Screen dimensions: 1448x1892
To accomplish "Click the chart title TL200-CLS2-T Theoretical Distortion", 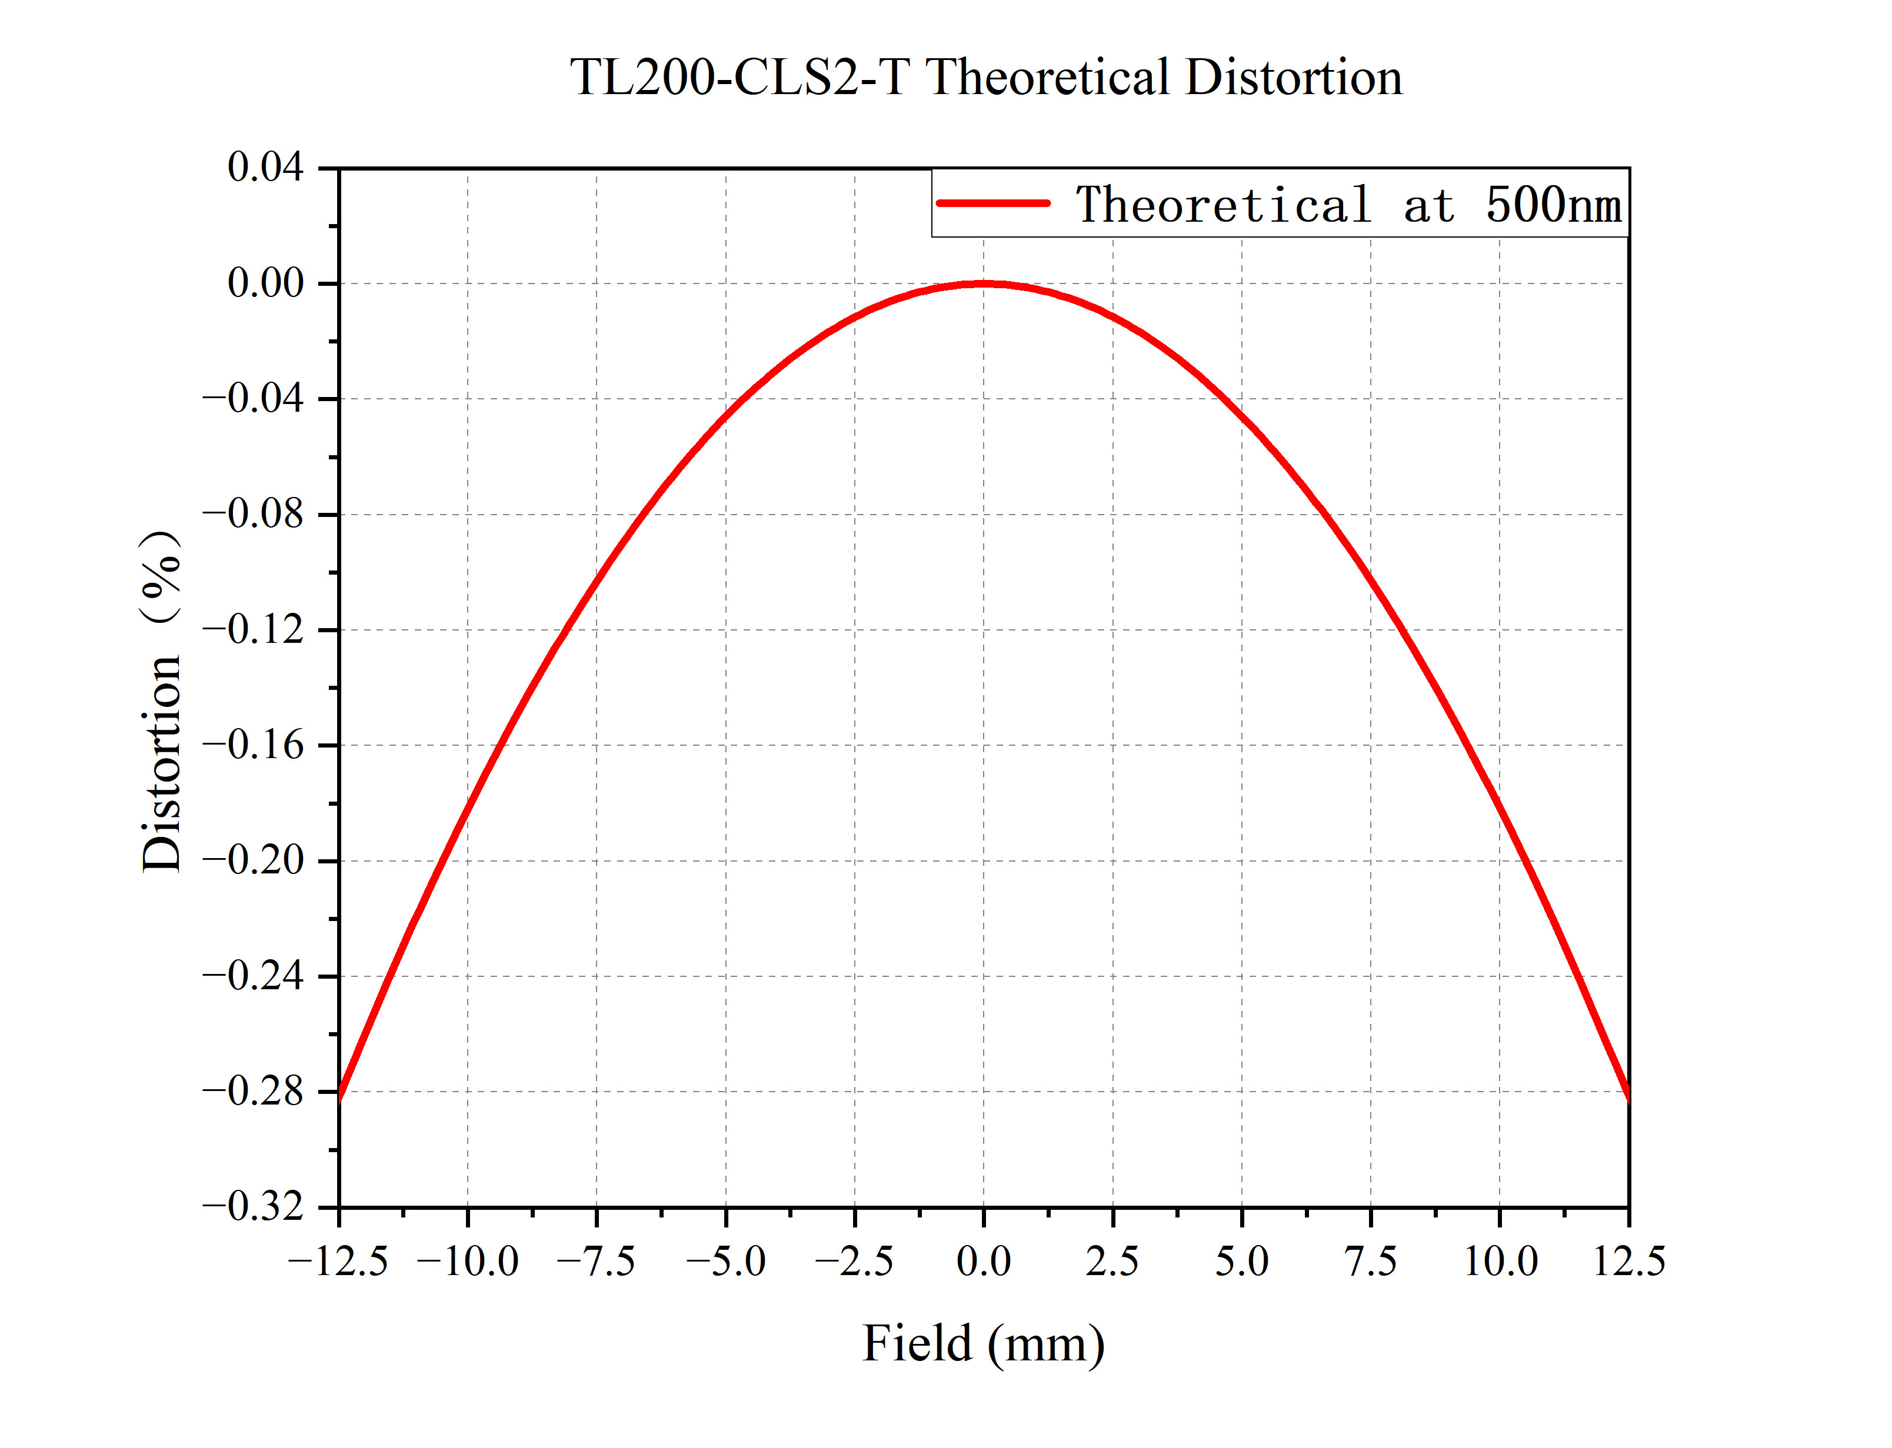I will point(985,78).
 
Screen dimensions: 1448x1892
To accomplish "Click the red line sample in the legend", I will point(993,203).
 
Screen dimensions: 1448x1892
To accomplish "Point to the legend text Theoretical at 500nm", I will point(1348,205).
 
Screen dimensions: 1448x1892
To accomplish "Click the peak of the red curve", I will point(984,283).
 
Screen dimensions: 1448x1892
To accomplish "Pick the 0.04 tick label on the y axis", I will point(265,167).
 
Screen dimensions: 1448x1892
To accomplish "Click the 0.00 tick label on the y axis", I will point(265,283).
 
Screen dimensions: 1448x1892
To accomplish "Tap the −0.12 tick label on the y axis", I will point(254,630).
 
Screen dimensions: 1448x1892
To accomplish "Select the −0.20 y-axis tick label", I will point(254,860).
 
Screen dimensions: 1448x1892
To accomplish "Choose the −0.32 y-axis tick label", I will point(254,1207).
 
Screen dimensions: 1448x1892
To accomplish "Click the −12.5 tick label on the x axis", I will point(338,1262).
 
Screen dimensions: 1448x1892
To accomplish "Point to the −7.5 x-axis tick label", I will point(595,1262).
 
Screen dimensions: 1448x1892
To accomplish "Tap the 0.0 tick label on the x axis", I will point(984,1262).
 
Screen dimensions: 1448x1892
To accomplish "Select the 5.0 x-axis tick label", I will point(1241,1262).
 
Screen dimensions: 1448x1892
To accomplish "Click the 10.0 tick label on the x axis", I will point(1500,1262).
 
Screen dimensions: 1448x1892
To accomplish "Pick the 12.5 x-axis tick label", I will point(1628,1262).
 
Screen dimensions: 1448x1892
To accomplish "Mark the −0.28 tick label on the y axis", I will point(254,1091).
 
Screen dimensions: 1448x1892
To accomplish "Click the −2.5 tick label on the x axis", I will point(854,1262).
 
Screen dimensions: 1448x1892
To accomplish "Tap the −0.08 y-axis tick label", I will point(254,515).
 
